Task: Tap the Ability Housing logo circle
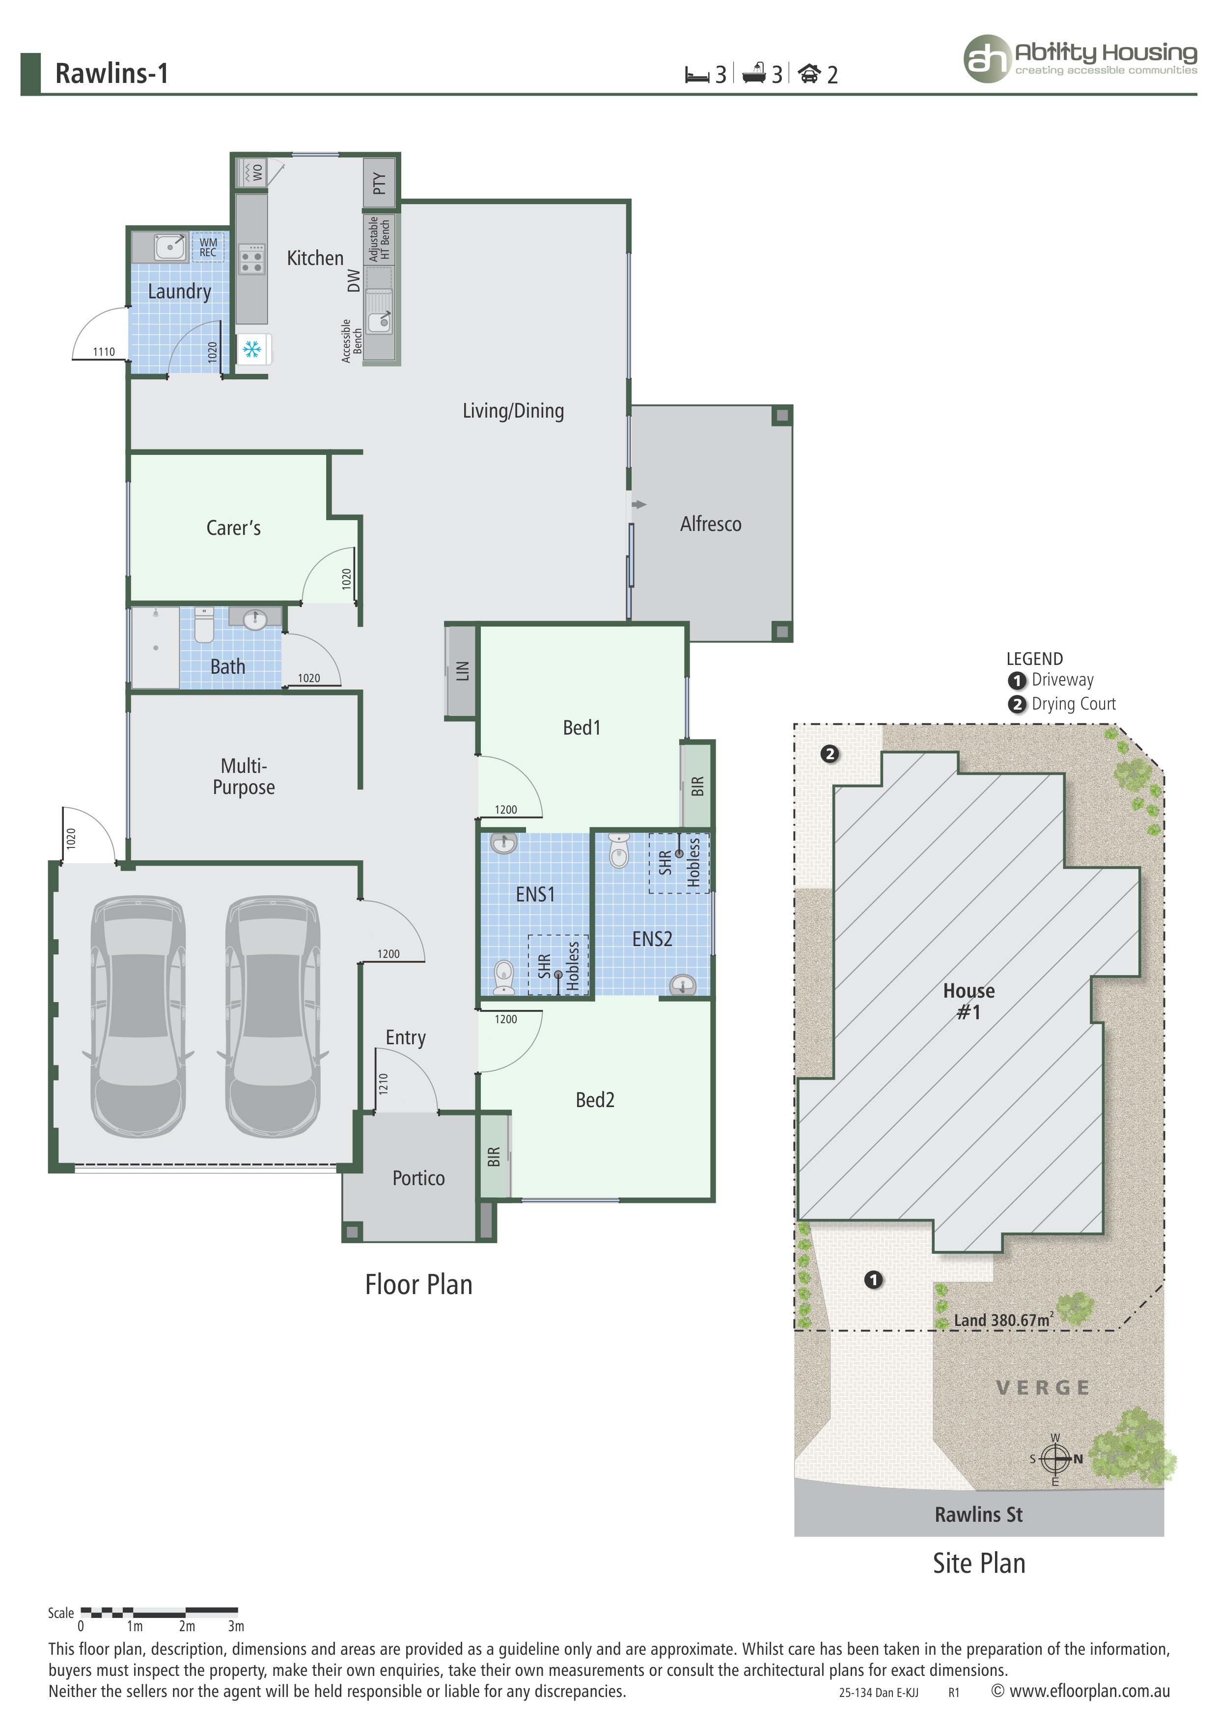(987, 58)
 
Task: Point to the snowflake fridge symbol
(251, 349)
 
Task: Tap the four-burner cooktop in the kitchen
(251, 259)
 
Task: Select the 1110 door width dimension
(104, 351)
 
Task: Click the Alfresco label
(710, 524)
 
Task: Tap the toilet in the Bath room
(204, 626)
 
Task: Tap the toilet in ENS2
(619, 851)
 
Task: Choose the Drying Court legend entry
(1073, 704)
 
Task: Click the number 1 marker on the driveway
(873, 1279)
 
